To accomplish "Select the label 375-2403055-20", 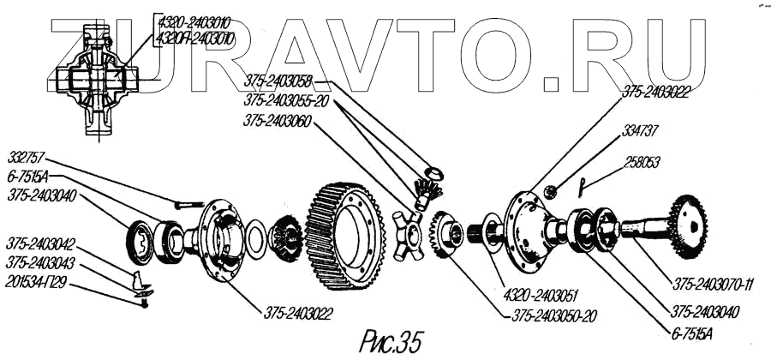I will [x=287, y=99].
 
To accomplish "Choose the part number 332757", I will [x=27, y=159].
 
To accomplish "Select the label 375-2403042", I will [x=42, y=243].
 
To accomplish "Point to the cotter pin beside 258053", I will [x=583, y=183].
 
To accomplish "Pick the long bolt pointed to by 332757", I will [x=188, y=204].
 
